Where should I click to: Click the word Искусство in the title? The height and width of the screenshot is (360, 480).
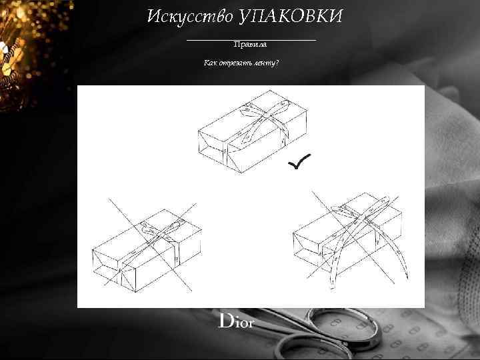pyautogui.click(x=189, y=16)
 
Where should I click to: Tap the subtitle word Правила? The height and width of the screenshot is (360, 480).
pyautogui.click(x=250, y=45)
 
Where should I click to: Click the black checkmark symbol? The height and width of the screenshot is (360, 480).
pyautogui.click(x=299, y=161)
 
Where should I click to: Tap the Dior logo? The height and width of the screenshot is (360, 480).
pyautogui.click(x=237, y=321)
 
